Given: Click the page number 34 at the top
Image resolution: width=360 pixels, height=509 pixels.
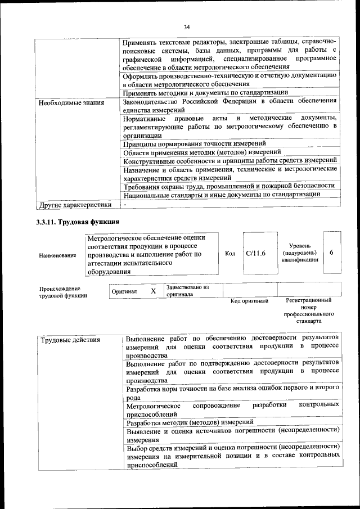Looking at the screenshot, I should click(x=186, y=26).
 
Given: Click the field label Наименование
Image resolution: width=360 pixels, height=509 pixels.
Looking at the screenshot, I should click(x=58, y=255).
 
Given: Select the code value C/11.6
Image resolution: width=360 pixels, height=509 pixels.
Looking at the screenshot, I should click(x=255, y=253).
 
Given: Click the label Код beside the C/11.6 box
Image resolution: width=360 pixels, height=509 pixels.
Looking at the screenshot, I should click(x=230, y=253).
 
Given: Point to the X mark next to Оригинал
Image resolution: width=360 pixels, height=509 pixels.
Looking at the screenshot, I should click(x=153, y=291).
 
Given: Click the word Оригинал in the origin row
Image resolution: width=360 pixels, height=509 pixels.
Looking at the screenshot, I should click(x=124, y=292).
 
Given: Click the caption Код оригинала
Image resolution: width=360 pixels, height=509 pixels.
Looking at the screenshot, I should click(x=249, y=301).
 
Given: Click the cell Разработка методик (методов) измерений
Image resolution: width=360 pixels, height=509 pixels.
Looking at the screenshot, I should click(x=190, y=422).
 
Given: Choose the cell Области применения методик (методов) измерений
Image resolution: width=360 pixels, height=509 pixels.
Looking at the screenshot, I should click(x=201, y=152).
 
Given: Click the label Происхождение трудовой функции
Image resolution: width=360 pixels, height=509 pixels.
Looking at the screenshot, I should click(x=63, y=292).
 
